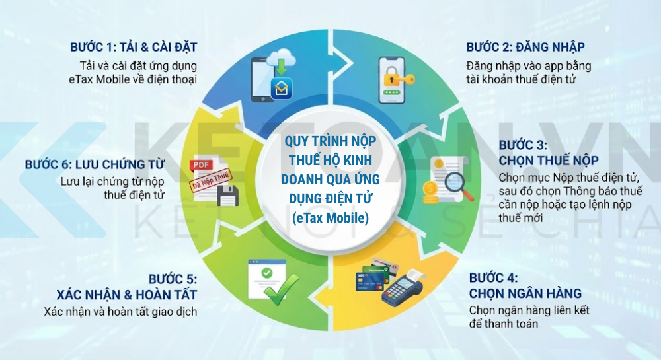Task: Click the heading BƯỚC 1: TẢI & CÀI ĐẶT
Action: click(134, 47)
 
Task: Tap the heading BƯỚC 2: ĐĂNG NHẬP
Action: click(525, 47)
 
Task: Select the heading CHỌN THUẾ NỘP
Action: click(549, 160)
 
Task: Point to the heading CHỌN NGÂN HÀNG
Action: click(525, 293)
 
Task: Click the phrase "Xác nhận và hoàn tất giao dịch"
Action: click(121, 312)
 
